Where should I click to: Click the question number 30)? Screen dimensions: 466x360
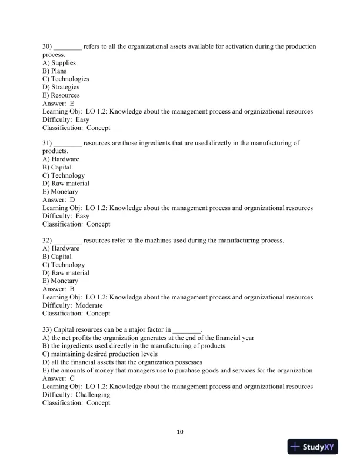(47, 46)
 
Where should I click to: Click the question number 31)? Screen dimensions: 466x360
(47, 143)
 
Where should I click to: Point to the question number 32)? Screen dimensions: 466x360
(47, 241)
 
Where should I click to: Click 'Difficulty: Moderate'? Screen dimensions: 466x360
(72, 306)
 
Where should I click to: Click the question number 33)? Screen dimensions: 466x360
(47, 329)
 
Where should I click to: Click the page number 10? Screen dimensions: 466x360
(180, 432)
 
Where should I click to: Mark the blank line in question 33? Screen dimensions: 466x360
(187, 331)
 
